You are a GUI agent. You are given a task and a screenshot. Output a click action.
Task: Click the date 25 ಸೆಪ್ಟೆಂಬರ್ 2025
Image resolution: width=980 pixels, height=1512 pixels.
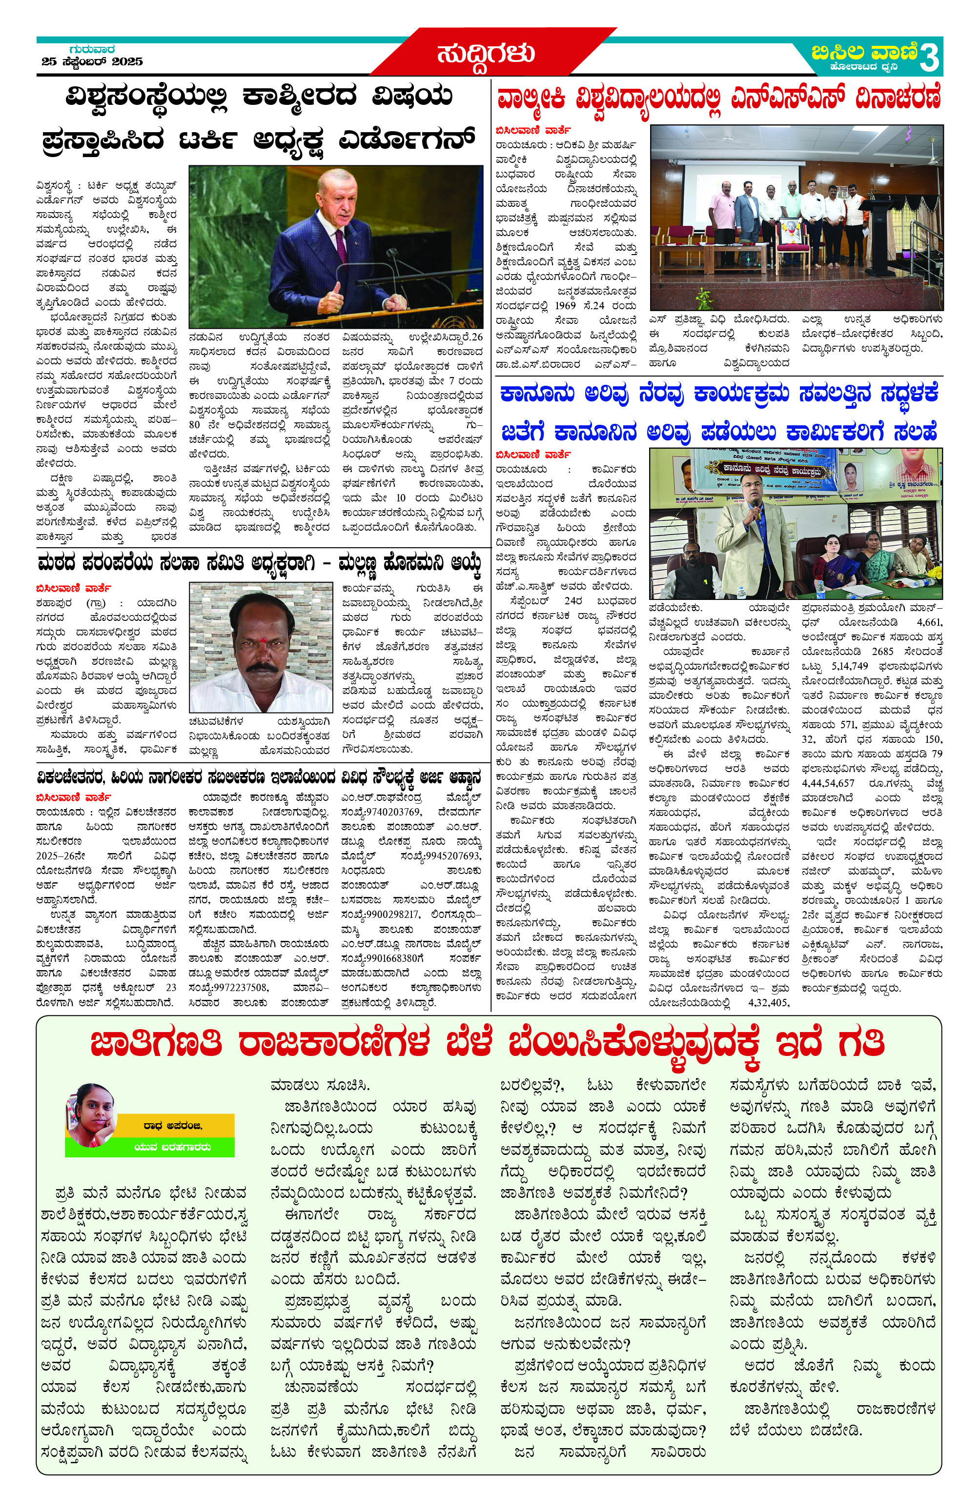pyautogui.click(x=92, y=61)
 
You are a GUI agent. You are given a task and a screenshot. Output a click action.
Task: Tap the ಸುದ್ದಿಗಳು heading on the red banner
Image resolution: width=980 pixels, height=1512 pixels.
pyautogui.click(x=486, y=54)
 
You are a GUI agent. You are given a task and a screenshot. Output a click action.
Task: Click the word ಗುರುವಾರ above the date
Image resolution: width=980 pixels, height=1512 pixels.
pyautogui.click(x=92, y=49)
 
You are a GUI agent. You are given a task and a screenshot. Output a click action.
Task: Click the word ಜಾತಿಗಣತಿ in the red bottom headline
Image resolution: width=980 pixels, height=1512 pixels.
pyautogui.click(x=156, y=1044)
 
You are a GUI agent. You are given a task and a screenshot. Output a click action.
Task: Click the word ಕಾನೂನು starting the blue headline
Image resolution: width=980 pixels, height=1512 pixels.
pyautogui.click(x=537, y=395)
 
